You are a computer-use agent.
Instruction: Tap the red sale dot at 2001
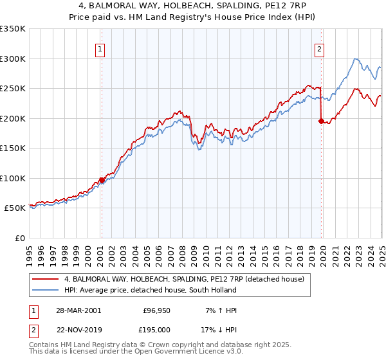tap(101, 180)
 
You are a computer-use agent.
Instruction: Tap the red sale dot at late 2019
tap(321, 120)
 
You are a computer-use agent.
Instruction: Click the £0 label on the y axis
tap(19, 238)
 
